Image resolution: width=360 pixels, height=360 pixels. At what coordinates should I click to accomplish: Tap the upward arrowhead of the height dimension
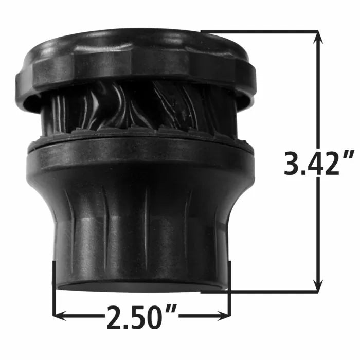(x=318, y=36)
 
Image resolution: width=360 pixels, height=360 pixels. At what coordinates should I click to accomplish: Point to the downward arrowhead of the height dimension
(x=318, y=287)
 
